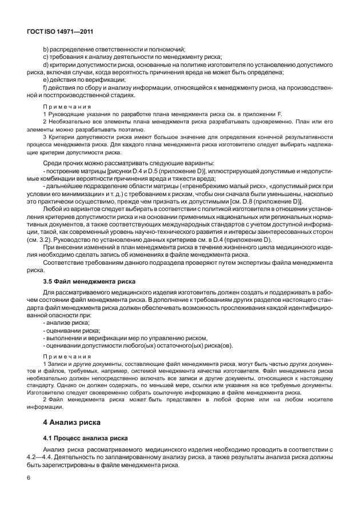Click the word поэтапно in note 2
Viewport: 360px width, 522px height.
(144, 130)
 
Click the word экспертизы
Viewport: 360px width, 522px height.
(260, 262)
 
